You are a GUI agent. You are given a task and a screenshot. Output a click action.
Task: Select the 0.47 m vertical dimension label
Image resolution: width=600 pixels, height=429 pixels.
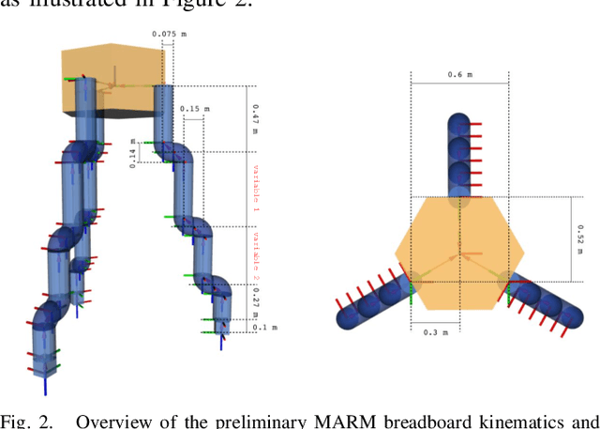coord(254,120)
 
